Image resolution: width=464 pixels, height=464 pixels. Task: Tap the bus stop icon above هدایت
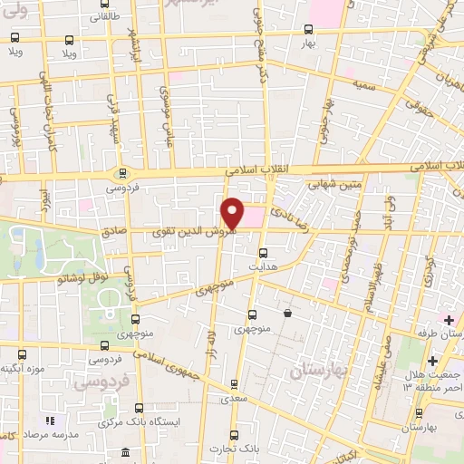[264, 254]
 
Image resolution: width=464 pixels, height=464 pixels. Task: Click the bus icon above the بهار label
[307, 28]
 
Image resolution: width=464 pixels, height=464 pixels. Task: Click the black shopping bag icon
[287, 314]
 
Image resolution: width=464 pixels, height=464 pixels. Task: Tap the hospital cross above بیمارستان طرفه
[447, 320]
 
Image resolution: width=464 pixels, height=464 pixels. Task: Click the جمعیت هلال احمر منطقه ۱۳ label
[432, 382]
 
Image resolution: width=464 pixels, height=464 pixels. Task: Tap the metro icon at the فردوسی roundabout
[122, 174]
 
